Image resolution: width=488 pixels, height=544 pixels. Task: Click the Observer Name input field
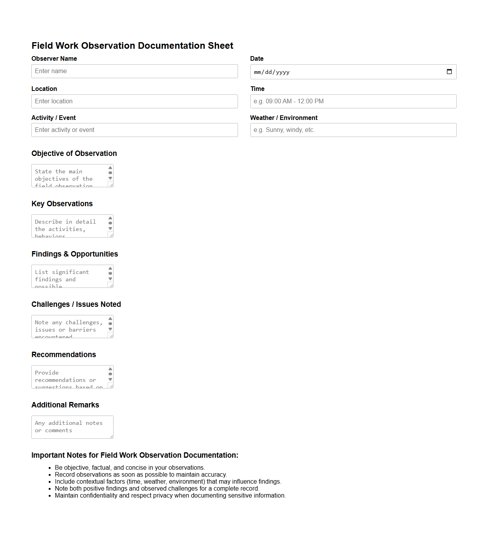point(134,71)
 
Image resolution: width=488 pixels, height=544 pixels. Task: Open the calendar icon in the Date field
point(449,72)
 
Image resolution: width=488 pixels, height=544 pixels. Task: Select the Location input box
point(134,101)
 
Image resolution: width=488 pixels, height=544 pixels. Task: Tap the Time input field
point(353,101)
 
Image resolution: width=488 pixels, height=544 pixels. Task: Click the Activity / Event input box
point(134,130)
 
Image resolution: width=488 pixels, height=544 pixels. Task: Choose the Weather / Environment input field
point(353,130)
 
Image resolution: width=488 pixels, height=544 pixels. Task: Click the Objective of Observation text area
point(70,176)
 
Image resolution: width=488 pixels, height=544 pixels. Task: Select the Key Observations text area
point(70,226)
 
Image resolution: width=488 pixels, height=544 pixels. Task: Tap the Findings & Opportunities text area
point(70,276)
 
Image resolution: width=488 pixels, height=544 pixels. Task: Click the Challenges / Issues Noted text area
point(70,327)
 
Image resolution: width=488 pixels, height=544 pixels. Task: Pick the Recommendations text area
point(70,377)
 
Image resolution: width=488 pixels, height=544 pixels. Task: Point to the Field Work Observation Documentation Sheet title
point(132,46)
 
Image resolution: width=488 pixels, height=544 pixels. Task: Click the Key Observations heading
point(62,204)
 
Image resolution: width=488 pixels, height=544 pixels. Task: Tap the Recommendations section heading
point(64,355)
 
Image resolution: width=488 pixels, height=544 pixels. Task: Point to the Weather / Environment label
point(284,118)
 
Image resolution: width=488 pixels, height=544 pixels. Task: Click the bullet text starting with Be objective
point(130,468)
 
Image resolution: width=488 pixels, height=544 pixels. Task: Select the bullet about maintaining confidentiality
point(170,496)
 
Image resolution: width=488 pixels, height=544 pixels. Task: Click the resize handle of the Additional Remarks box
point(111,436)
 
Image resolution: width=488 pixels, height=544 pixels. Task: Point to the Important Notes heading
point(135,455)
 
